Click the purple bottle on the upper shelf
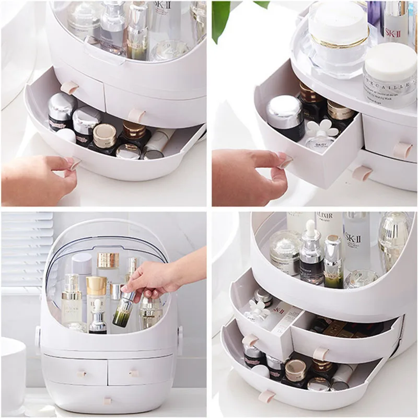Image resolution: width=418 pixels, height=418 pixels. pos(375,16)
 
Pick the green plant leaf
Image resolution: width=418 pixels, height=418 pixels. pos(220,18)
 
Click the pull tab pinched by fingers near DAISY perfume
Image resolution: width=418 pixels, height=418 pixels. pos(285,162)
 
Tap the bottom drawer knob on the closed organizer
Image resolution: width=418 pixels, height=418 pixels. pos(108,401)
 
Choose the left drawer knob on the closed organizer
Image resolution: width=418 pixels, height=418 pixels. pos(82,374)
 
